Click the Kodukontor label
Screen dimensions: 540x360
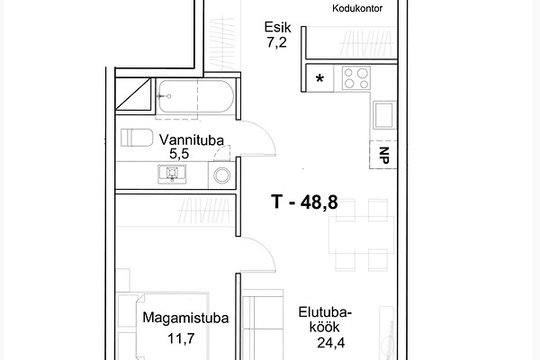357,9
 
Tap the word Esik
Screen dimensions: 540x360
277,27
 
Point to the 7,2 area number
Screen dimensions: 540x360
276,42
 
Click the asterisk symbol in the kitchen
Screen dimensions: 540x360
319,79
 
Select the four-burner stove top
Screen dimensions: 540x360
356,78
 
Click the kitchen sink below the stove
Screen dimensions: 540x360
384,115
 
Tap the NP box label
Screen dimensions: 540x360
384,155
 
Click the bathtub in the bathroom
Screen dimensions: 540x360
195,96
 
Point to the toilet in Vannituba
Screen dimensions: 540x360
137,138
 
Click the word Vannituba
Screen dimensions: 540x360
192,140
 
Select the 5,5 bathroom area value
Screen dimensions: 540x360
179,154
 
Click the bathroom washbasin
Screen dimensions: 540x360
172,174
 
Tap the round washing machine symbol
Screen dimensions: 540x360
221,175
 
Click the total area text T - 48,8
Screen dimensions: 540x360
304,202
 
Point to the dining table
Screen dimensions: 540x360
361,235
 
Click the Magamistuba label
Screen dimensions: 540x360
185,318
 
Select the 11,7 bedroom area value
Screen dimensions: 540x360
181,338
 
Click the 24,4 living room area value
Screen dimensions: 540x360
330,342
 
